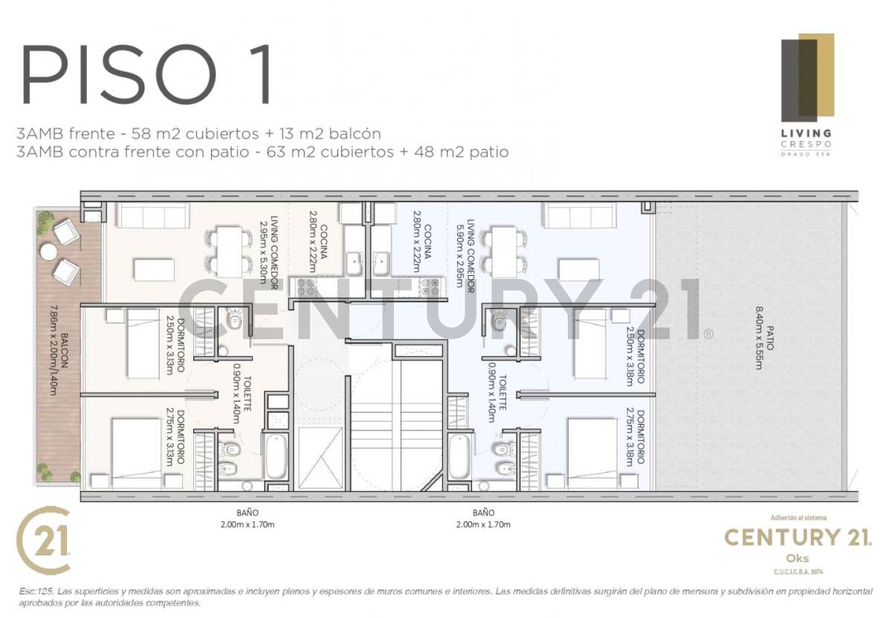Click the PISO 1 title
pos(146,77)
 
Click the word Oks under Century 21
pos(796,558)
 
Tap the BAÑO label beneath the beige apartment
pos(247,512)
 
